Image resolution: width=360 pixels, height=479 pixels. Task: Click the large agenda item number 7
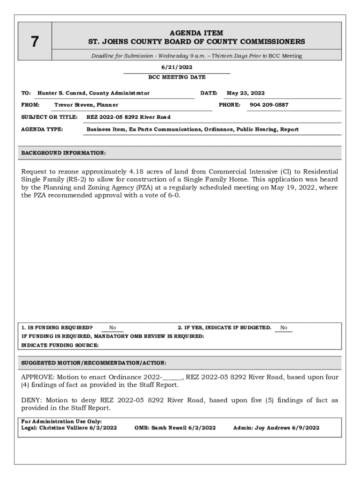coord(34,42)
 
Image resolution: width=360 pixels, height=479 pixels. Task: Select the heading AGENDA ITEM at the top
coord(196,33)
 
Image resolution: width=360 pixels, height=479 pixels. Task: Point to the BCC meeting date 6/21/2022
coord(177,67)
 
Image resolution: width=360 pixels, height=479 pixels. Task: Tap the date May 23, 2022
coord(245,93)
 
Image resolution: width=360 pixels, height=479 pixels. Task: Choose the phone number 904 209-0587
coord(269,105)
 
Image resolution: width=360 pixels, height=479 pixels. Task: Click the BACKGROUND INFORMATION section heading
coord(64,153)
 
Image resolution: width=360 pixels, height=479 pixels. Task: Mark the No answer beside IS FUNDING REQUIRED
coord(113,328)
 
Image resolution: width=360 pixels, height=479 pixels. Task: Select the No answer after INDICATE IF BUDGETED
coord(284,328)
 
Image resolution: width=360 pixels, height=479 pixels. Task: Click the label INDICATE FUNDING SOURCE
coord(60,345)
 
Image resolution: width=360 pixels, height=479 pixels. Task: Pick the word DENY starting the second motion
coord(31,400)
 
